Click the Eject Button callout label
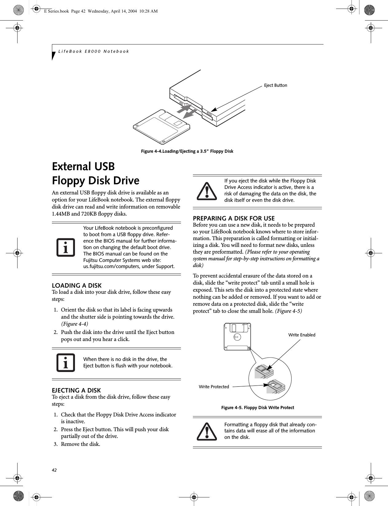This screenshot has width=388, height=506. click(276, 85)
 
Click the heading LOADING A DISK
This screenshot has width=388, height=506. click(77, 286)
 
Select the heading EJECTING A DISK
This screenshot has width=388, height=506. click(76, 390)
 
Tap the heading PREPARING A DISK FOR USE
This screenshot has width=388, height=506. click(234, 218)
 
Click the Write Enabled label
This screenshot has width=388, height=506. click(302, 335)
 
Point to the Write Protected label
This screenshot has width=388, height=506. click(214, 387)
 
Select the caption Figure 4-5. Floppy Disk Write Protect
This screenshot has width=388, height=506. click(257, 408)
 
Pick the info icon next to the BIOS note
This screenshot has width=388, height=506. click(66, 247)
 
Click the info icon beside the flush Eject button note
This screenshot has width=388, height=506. click(66, 362)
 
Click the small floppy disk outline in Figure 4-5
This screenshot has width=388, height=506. click(237, 336)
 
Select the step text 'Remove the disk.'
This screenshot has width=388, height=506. click(80, 444)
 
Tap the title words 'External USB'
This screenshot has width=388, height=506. click(84, 167)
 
